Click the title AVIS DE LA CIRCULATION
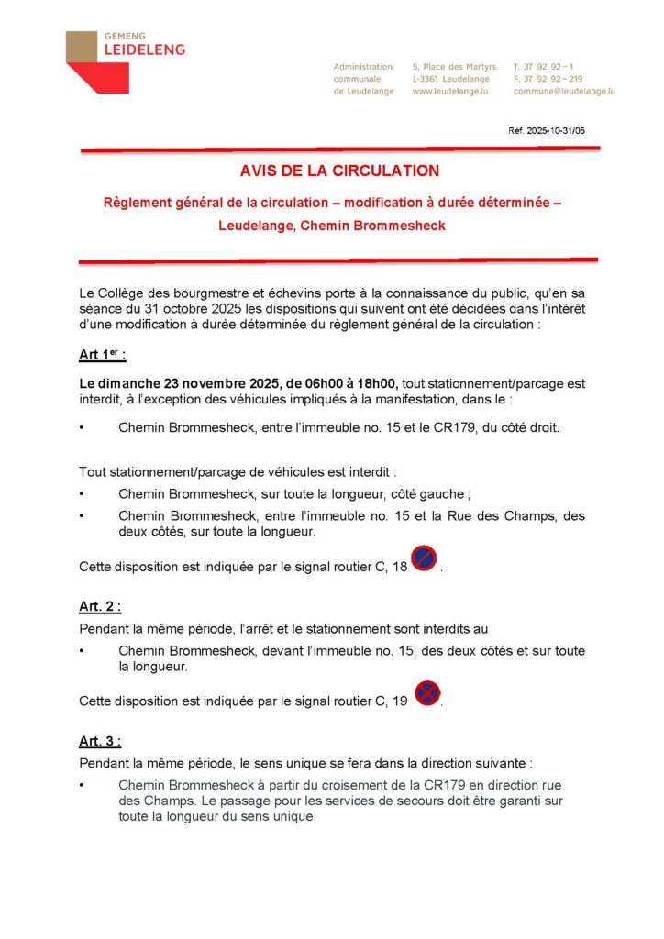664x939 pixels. [x=339, y=171]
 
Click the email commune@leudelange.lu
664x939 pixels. [x=563, y=91]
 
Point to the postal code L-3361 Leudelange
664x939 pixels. [x=451, y=79]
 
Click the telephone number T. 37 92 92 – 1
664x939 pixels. [x=543, y=67]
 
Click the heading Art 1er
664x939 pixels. [x=103, y=355]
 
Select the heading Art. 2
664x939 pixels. [x=100, y=606]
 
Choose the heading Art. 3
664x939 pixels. [x=100, y=741]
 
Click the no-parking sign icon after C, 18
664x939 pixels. [x=424, y=558]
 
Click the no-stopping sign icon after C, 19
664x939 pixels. [x=426, y=693]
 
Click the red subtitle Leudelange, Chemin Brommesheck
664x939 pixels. [x=331, y=226]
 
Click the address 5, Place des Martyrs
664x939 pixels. [x=454, y=67]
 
